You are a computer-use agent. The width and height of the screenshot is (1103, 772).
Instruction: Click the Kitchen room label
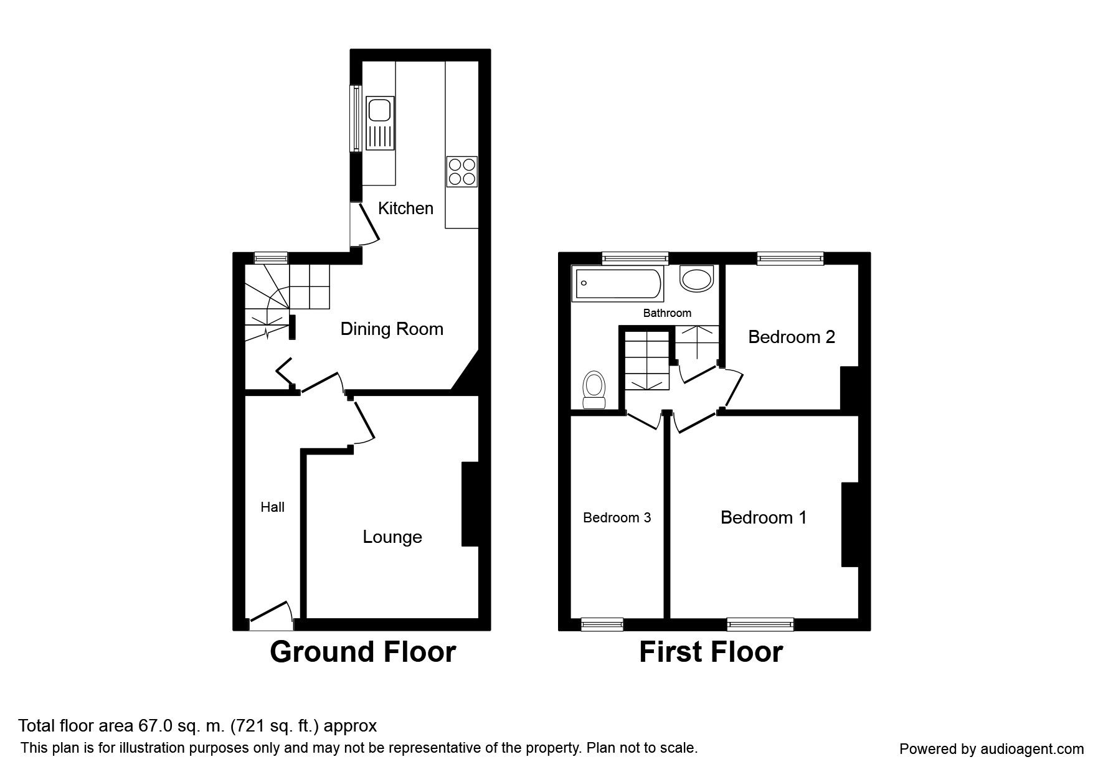(x=405, y=208)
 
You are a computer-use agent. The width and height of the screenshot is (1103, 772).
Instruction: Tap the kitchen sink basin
(x=379, y=111)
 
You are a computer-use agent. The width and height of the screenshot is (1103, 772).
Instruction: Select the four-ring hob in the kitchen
(x=462, y=171)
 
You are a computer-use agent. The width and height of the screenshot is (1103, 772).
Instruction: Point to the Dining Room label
(x=392, y=329)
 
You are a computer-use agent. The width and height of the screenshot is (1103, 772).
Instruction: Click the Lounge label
(x=392, y=537)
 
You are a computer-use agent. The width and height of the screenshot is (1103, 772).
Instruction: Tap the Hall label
(x=272, y=507)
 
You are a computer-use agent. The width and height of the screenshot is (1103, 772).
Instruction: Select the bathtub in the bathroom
(x=617, y=283)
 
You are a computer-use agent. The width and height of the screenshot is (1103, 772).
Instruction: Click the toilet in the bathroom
(x=594, y=390)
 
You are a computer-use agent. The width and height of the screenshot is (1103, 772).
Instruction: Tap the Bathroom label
(x=667, y=313)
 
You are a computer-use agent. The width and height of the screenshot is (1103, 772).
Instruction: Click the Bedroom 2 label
(x=791, y=337)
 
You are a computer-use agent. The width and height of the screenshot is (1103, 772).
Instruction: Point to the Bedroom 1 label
(x=764, y=517)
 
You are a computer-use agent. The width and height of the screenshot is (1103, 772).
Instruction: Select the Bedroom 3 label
(x=617, y=517)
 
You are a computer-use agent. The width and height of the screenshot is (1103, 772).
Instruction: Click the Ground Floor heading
(x=362, y=652)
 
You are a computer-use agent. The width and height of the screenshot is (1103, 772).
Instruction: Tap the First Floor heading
(x=711, y=652)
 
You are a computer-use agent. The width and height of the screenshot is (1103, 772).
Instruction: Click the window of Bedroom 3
(x=602, y=624)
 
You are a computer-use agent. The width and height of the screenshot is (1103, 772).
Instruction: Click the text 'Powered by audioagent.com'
(x=992, y=749)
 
